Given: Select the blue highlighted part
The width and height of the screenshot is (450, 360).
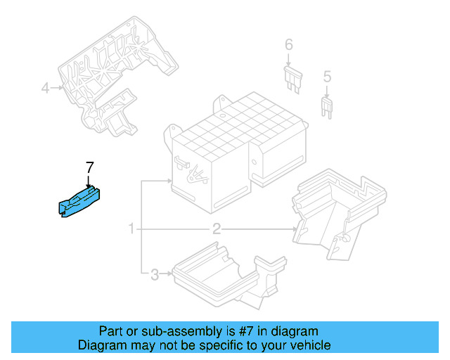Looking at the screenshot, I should coord(78,201).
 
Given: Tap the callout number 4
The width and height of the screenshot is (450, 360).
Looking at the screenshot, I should coord(45,88).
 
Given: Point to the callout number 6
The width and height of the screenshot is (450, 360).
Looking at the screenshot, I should coord(288,46).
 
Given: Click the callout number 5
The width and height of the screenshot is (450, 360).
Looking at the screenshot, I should coord(326,76).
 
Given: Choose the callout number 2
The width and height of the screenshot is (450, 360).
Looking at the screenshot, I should coord(217,229).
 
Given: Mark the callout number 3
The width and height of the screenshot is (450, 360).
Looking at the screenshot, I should coord(154,274).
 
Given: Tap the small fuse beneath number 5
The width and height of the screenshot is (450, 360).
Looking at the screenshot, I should coord(326,106).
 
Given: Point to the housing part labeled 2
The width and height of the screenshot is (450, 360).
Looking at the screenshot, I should coord(337,207).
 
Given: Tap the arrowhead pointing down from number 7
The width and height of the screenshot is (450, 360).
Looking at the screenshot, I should coord(89,184).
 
